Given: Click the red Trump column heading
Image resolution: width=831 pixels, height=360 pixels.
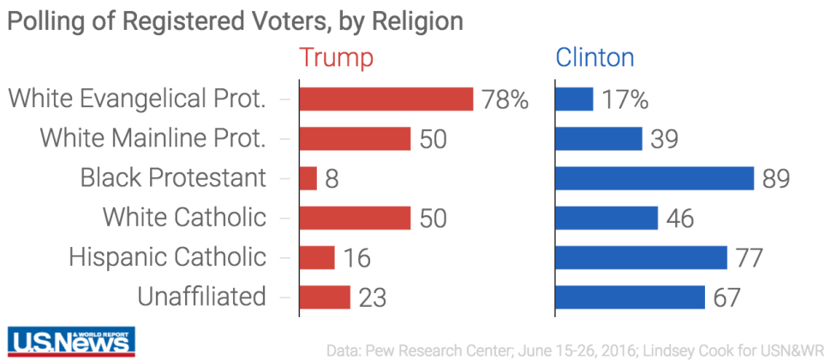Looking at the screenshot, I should coord(336,57).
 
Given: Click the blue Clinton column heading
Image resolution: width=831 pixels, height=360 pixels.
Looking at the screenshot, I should coord(595,57).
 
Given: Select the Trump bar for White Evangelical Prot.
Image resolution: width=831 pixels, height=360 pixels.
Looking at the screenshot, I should coord(386,99).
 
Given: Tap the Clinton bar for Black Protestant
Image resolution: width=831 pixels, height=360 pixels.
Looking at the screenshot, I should coord(655,178).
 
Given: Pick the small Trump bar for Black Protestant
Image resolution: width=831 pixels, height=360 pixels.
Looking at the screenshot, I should coord(308,178).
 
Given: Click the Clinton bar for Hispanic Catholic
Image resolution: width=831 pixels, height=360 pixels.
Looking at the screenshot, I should coord(641,257).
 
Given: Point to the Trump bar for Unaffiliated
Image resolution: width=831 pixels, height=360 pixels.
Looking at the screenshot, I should coord(325,297).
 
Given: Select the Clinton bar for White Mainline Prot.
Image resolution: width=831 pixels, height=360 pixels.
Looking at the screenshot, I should coord(599,139).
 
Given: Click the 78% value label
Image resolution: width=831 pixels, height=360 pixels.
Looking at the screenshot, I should coord(505,99).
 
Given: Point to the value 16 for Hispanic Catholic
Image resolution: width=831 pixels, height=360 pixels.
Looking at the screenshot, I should coord(357,257).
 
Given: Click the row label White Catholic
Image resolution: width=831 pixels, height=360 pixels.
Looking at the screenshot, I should coord(184,218).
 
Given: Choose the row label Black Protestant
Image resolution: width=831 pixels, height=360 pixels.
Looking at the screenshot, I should coord(173,178).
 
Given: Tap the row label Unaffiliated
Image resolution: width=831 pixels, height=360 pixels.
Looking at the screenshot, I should coord(201,297).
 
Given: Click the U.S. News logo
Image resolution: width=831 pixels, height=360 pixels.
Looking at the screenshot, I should coord(71,340).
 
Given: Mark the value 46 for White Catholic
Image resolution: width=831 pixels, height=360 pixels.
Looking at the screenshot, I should coord(680,218).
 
